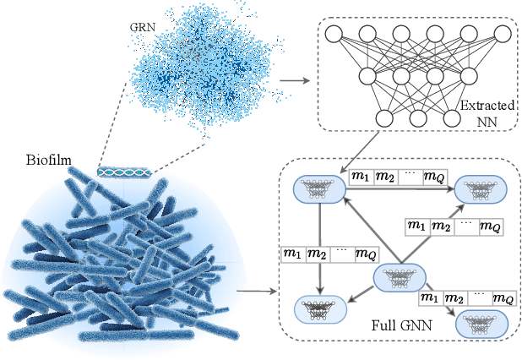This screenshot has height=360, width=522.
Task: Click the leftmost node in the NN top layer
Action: click(x=332, y=34)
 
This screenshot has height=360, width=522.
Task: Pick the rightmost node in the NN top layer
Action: click(x=502, y=34)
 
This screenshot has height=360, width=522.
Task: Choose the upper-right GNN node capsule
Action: click(x=481, y=191)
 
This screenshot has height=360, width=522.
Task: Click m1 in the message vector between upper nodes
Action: click(x=361, y=177)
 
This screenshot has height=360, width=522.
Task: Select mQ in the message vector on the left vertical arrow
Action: click(x=366, y=254)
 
